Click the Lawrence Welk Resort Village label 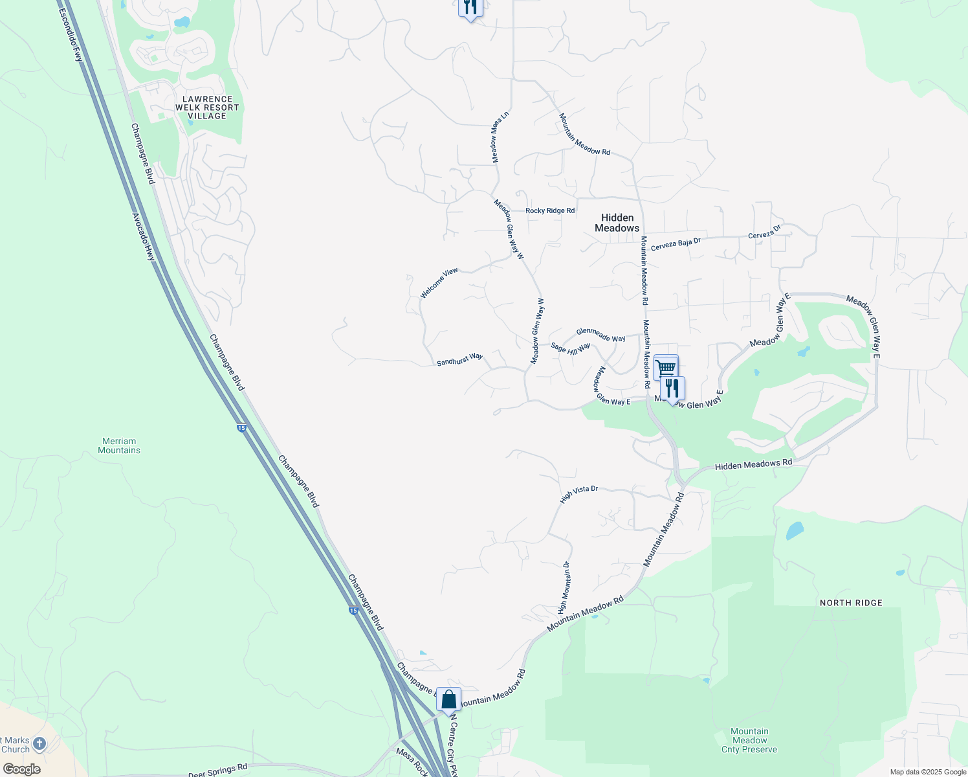click(x=207, y=107)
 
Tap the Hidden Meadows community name click(x=617, y=223)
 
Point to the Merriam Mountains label click(x=119, y=445)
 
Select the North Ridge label click(x=851, y=603)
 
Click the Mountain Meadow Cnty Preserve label click(x=749, y=740)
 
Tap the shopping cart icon click(x=665, y=368)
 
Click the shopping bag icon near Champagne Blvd click(x=448, y=700)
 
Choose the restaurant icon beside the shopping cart click(x=672, y=388)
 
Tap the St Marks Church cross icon click(x=39, y=744)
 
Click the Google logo click(x=21, y=769)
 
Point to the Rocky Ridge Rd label click(x=550, y=211)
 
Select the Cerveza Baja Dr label click(x=676, y=244)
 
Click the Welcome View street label click(x=439, y=283)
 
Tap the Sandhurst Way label click(x=459, y=359)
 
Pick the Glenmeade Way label click(x=600, y=335)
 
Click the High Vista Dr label click(x=578, y=493)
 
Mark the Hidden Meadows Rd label click(x=753, y=465)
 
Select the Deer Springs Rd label click(x=217, y=771)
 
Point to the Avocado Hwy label click(x=144, y=237)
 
